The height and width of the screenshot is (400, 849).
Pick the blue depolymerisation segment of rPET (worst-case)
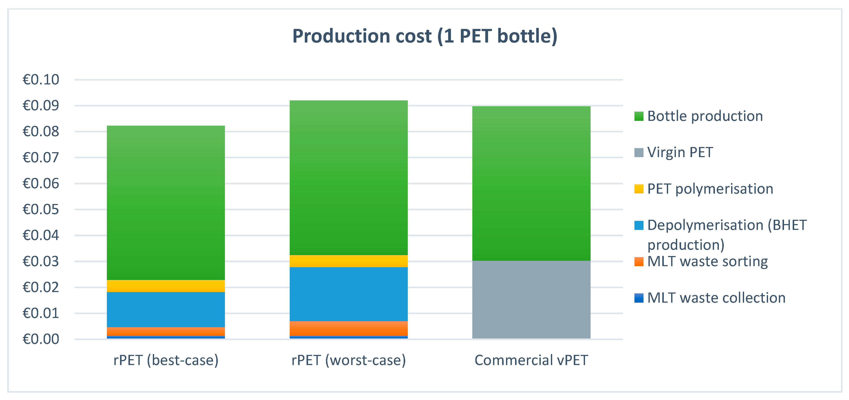pos(348,294)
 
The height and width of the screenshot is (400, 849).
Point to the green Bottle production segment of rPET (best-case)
pos(166,203)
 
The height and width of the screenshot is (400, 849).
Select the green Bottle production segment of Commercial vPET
pos(531,183)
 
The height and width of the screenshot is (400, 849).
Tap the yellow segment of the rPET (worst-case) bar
pos(348,261)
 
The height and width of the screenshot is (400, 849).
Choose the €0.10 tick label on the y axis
pos(41,80)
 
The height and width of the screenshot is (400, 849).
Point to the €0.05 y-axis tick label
pos(41,210)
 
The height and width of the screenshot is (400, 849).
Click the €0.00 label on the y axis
pos(41,339)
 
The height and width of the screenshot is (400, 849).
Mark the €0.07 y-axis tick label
pos(41,158)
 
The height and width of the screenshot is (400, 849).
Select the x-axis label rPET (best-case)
pos(166,360)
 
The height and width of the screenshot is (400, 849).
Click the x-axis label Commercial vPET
pos(531,360)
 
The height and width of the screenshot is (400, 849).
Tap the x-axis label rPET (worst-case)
pos(348,360)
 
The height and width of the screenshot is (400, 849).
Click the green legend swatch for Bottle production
pos(638,116)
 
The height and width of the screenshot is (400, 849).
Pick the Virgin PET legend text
pos(680,153)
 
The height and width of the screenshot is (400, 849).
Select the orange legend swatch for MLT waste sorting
pos(638,262)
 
